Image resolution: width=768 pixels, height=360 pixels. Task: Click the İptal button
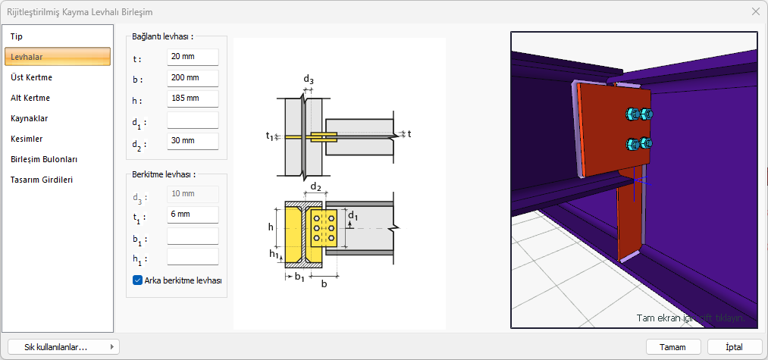click(734, 346)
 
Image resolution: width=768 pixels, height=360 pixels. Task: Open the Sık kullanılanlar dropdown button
click(63, 346)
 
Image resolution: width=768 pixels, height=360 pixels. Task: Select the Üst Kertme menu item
click(32, 77)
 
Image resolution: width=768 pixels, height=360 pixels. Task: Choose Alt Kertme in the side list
click(30, 98)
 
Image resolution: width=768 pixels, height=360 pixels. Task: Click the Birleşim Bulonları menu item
click(44, 159)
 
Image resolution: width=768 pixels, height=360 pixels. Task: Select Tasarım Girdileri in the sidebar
click(42, 180)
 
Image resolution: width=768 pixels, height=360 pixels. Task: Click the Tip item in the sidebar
click(17, 36)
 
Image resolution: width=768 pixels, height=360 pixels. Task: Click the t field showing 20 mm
click(193, 58)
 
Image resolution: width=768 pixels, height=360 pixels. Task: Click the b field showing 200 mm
click(193, 78)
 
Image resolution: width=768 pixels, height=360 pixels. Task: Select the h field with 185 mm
click(193, 99)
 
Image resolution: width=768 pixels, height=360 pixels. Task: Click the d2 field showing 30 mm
click(193, 141)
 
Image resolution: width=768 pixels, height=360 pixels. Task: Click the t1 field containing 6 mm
click(193, 215)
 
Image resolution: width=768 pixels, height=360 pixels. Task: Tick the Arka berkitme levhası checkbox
click(137, 280)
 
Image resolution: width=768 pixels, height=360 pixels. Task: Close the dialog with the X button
click(755, 11)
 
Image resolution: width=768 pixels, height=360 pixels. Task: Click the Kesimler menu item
click(27, 139)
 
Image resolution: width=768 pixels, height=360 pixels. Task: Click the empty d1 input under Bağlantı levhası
click(193, 120)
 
